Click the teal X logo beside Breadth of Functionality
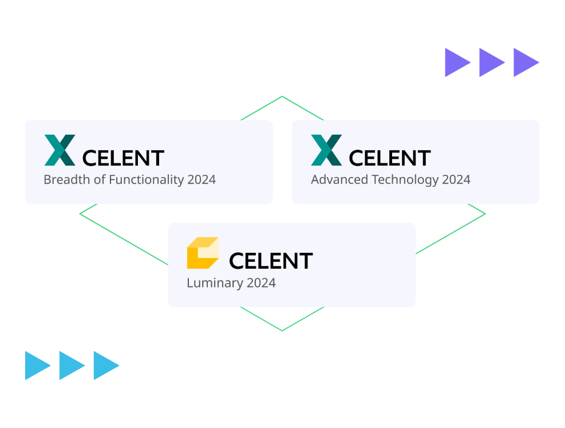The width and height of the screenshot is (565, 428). tap(60, 150)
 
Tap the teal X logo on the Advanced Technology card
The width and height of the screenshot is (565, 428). tap(326, 150)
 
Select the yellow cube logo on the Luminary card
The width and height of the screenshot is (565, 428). tap(203, 253)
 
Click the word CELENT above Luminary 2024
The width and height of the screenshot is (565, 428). tap(271, 261)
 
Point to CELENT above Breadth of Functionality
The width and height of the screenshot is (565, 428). tap(124, 158)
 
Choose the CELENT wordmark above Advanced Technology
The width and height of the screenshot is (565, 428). tap(390, 158)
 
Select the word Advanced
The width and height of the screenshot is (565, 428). tap(339, 179)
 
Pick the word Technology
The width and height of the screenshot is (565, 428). tap(405, 179)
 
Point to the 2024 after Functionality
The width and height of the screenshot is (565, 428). tap(201, 179)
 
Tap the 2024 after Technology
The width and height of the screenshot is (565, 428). tap(456, 179)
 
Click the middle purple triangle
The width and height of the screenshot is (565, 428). tap(491, 62)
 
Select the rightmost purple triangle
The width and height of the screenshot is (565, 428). tap(525, 62)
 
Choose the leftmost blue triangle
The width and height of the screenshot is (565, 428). tap(37, 366)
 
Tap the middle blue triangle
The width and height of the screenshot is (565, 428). tap(71, 366)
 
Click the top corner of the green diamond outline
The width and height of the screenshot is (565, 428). tap(282, 97)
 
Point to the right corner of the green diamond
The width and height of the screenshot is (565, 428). tap(485, 214)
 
